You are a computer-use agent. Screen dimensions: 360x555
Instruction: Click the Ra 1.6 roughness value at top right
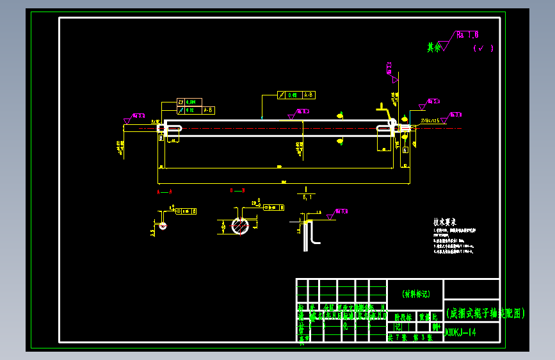click(468, 35)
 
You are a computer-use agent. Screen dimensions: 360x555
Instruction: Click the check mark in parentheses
click(483, 48)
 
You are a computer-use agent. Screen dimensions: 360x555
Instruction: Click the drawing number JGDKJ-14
click(460, 332)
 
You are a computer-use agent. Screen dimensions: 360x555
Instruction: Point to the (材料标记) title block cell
click(415, 294)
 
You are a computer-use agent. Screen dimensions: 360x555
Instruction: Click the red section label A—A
click(165, 191)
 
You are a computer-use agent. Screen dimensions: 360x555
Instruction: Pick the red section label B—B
click(237, 191)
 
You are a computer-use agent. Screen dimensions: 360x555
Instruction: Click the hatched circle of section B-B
click(241, 225)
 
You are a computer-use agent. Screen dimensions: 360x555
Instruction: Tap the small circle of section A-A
click(163, 225)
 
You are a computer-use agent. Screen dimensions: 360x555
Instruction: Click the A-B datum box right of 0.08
click(309, 95)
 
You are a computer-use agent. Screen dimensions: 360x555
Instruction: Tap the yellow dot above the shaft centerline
click(341, 116)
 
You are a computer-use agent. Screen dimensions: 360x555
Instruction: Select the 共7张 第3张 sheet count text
click(410, 337)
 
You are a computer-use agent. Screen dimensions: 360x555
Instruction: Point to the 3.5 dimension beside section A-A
click(152, 232)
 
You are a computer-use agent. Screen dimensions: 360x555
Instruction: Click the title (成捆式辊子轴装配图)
click(485, 313)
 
